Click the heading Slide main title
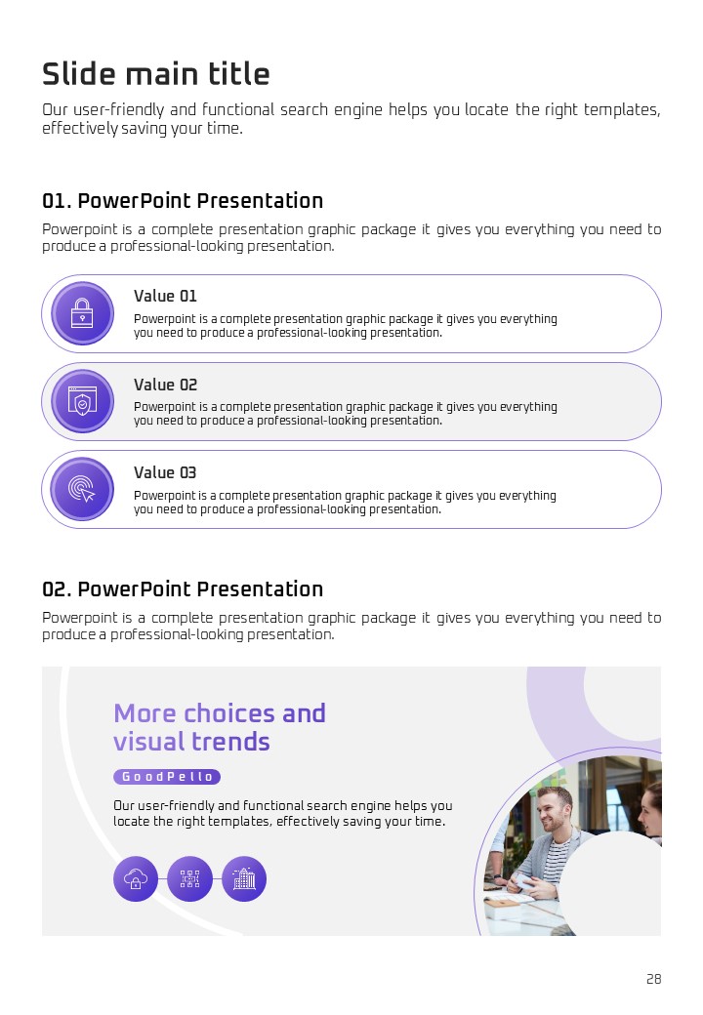tap(156, 74)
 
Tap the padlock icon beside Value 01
tap(82, 313)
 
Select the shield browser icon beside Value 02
tap(82, 401)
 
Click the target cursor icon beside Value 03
tap(82, 489)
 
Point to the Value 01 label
tap(165, 296)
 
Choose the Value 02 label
tap(165, 385)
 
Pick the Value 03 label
tap(165, 472)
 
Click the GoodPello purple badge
tap(167, 777)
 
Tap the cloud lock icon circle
tap(136, 879)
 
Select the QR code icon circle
tap(189, 879)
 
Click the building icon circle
tap(244, 879)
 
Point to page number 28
tap(654, 979)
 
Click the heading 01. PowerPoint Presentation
tap(183, 201)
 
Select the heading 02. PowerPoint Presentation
tap(183, 589)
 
